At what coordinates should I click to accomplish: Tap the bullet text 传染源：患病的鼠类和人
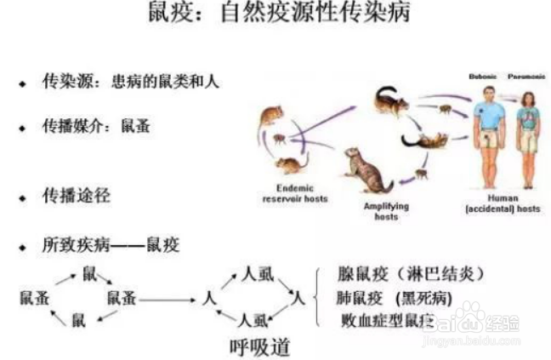tap(131, 83)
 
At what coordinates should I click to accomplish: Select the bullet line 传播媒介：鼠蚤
tap(96, 126)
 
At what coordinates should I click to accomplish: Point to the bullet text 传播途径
tap(77, 197)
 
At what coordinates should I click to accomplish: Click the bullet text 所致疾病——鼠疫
tap(111, 245)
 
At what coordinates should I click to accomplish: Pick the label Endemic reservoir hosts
tap(294, 193)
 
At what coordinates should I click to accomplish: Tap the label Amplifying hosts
tap(386, 210)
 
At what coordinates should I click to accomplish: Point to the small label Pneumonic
tap(525, 77)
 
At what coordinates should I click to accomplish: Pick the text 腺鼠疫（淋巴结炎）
tap(412, 274)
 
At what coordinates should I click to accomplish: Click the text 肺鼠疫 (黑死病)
tap(396, 298)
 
